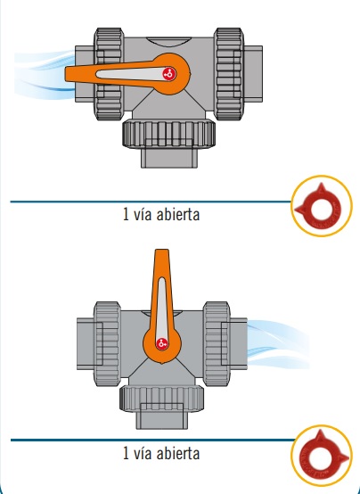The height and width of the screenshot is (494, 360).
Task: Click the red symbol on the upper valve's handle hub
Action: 168,74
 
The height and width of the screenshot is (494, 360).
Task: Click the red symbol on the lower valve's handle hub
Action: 162,343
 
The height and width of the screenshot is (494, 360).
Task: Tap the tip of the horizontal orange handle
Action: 66,74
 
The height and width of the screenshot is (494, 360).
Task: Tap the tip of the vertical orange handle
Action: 162,251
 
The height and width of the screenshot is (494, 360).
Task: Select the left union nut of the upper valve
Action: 108,74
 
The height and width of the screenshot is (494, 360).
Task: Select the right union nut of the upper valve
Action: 229,74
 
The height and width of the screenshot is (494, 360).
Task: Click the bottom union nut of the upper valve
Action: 169,134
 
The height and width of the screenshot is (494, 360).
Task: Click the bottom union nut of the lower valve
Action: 162,399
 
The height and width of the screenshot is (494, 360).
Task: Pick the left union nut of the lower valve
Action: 107,344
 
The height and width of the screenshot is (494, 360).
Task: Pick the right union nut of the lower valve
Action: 217,344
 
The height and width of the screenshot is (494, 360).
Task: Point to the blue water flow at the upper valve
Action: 44,74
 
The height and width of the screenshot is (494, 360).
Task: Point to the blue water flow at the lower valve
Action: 278,344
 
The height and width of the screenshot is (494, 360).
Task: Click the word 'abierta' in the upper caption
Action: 178,215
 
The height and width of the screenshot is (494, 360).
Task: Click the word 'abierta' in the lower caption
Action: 178,453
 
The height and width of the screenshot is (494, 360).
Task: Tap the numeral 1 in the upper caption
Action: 126,215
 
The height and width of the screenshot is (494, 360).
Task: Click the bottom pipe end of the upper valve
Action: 169,158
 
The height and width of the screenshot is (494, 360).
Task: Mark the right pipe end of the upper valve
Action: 253,74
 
